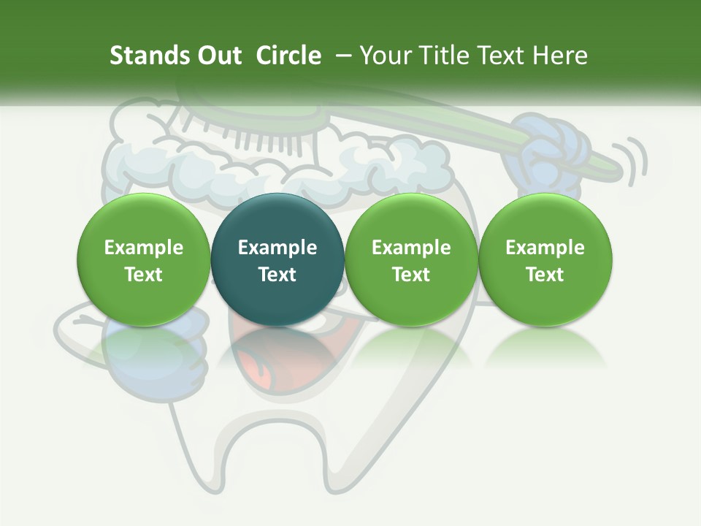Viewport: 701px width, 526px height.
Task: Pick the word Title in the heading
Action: [440, 56]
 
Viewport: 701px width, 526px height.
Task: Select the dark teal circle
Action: [277, 259]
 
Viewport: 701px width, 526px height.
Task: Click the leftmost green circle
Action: [144, 259]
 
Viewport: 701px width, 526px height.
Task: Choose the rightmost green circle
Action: [545, 259]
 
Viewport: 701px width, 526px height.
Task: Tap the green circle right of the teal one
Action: [411, 259]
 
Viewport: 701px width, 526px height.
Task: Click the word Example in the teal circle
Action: [277, 248]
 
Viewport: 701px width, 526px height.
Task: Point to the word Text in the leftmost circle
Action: [144, 275]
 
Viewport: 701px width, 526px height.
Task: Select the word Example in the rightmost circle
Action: [545, 248]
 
